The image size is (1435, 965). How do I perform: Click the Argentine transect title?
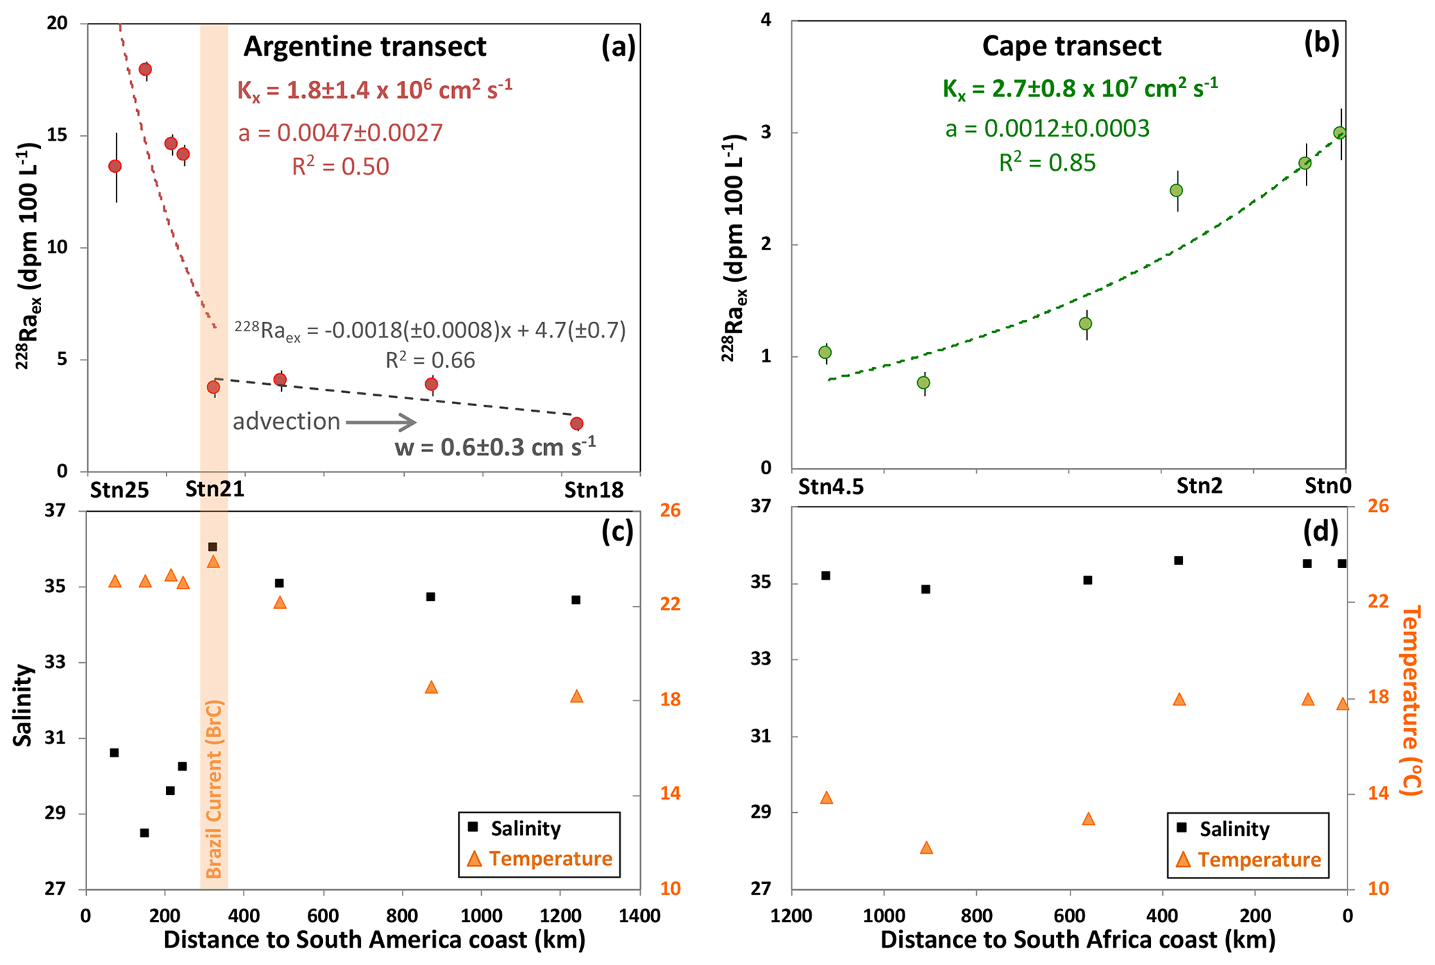[364, 47]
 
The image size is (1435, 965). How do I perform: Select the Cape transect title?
[1071, 47]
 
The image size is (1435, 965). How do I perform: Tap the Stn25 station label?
[119, 490]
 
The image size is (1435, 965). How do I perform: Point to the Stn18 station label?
[594, 490]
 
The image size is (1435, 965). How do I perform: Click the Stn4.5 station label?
[831, 487]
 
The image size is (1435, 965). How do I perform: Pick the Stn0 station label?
[1327, 486]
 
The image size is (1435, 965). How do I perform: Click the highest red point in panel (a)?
[145, 69]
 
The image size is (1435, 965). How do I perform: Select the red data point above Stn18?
[576, 423]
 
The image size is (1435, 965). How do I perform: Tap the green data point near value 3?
[1340, 133]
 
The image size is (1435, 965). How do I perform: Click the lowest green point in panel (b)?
[923, 383]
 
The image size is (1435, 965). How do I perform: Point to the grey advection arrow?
[380, 422]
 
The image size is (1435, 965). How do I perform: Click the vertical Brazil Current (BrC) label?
[215, 789]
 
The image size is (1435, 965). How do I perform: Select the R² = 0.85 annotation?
[1047, 163]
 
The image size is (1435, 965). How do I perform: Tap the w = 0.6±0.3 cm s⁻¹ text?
[495, 446]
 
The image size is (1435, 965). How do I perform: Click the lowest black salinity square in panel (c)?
[144, 833]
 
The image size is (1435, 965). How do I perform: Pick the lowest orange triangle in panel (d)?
[926, 848]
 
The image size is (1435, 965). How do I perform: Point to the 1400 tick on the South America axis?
[639, 916]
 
